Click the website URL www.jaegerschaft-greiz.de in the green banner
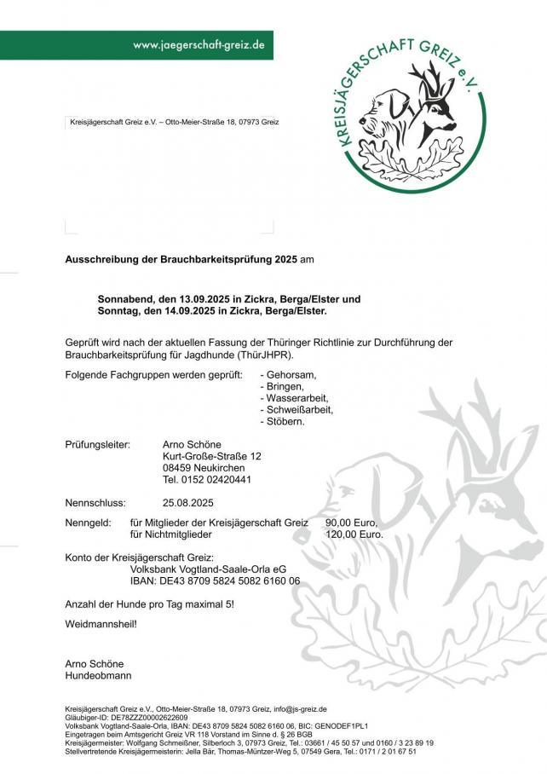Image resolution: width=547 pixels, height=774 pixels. click(199, 44)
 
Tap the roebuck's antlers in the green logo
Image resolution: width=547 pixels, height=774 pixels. click(434, 81)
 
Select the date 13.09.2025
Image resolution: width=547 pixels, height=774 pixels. click(205, 299)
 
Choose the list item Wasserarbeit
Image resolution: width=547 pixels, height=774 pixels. click(297, 398)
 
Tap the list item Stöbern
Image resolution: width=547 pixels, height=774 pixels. click(285, 421)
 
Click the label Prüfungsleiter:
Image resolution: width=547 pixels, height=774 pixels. click(97, 444)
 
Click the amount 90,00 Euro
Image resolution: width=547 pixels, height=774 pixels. click(352, 523)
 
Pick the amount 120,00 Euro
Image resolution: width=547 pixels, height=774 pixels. click(354, 534)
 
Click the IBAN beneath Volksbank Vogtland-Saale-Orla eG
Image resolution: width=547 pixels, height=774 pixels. click(215, 580)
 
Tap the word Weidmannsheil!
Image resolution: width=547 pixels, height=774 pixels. click(101, 624)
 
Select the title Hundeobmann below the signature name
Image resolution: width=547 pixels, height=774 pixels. click(98, 675)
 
